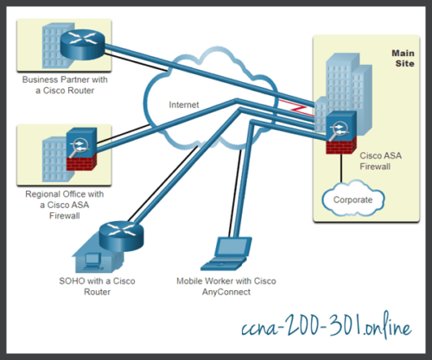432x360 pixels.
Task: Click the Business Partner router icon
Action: tap(84, 40)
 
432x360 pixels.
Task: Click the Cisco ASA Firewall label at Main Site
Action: tap(384, 162)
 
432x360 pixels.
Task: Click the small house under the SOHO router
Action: tap(98, 256)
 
